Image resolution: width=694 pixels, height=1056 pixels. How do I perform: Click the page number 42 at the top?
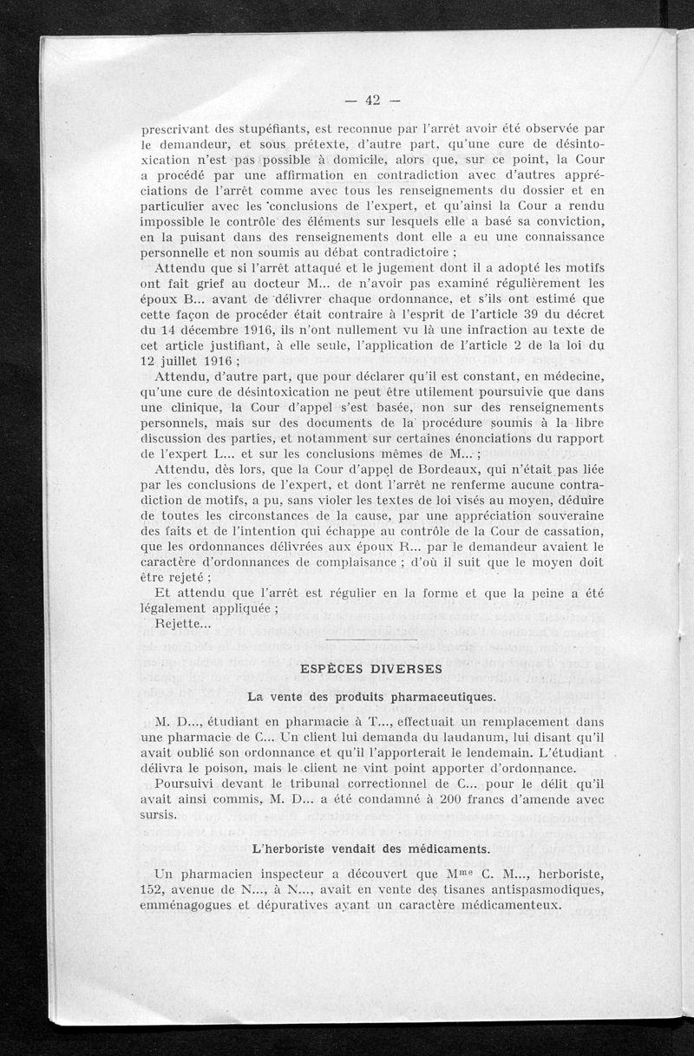click(x=373, y=100)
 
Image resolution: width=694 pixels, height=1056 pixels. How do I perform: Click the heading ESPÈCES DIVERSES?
click(x=370, y=669)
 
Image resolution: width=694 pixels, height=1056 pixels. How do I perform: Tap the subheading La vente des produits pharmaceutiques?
click(x=371, y=696)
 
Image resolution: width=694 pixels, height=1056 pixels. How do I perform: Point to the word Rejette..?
click(x=179, y=624)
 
